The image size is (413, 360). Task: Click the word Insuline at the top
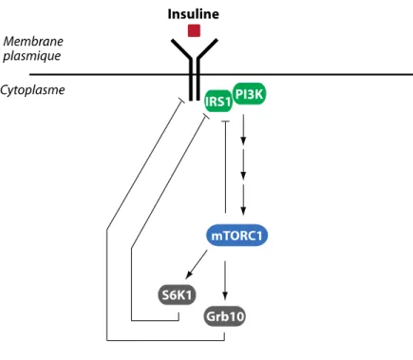[194, 14]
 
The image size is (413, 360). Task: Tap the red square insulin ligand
[194, 30]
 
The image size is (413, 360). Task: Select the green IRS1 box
[218, 102]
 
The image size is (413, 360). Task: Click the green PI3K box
[250, 94]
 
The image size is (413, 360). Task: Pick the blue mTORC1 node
[236, 236]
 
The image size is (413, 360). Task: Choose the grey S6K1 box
[177, 295]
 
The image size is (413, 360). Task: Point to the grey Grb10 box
[225, 316]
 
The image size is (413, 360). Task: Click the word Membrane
[33, 41]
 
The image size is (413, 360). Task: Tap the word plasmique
[31, 56]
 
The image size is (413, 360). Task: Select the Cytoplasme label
[32, 90]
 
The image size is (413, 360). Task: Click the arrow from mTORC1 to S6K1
[197, 265]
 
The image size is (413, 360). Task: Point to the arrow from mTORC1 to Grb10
[225, 280]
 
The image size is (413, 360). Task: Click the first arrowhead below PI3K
[243, 141]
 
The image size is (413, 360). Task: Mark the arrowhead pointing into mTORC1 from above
[243, 211]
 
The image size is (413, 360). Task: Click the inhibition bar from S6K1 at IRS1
[206, 118]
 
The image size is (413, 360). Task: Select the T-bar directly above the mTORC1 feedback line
[225, 122]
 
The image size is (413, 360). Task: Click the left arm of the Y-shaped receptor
[181, 49]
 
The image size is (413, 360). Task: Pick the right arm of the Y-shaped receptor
[208, 49]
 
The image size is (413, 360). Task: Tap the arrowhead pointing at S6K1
[189, 275]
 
